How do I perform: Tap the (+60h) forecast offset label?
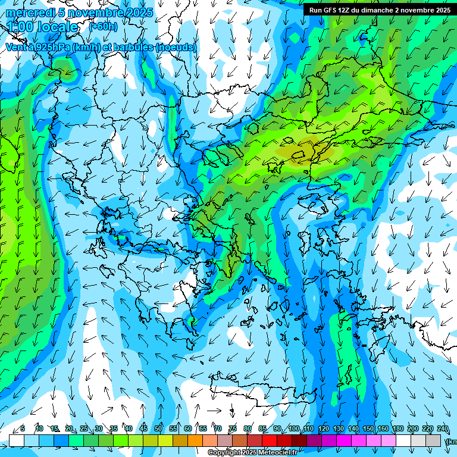pos(104,26)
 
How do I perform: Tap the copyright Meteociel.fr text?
pos(253,453)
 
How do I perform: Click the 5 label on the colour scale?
pos(23,429)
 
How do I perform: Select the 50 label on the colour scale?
pos(158,429)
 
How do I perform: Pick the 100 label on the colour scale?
pos(293,429)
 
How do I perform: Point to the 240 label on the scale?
pos(442,429)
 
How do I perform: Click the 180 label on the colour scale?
pos(397,429)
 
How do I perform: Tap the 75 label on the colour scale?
pos(233,429)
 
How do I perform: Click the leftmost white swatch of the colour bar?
pos(17,440)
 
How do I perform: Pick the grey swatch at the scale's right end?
pos(433,440)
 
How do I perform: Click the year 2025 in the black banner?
pos(443,10)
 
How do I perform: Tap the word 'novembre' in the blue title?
pos(97,12)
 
